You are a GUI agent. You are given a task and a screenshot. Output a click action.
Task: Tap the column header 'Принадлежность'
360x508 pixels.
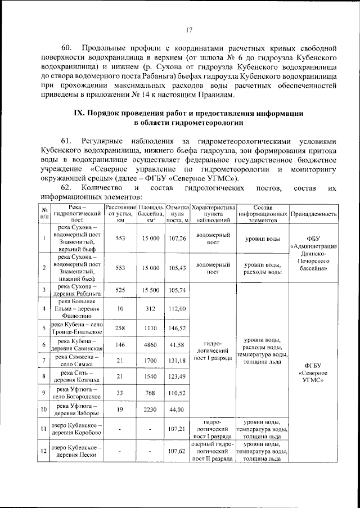314,214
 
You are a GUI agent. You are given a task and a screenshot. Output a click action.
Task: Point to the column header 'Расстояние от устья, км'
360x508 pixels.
120,214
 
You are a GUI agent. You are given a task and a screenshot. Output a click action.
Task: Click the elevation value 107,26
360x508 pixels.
177,239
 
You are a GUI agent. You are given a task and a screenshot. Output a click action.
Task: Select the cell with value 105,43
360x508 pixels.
177,267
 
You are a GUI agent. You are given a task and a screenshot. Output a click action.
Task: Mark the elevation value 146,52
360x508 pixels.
177,327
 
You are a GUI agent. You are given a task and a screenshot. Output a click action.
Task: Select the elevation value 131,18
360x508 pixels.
177,360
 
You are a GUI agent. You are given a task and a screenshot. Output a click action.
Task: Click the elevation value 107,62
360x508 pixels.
177,451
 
